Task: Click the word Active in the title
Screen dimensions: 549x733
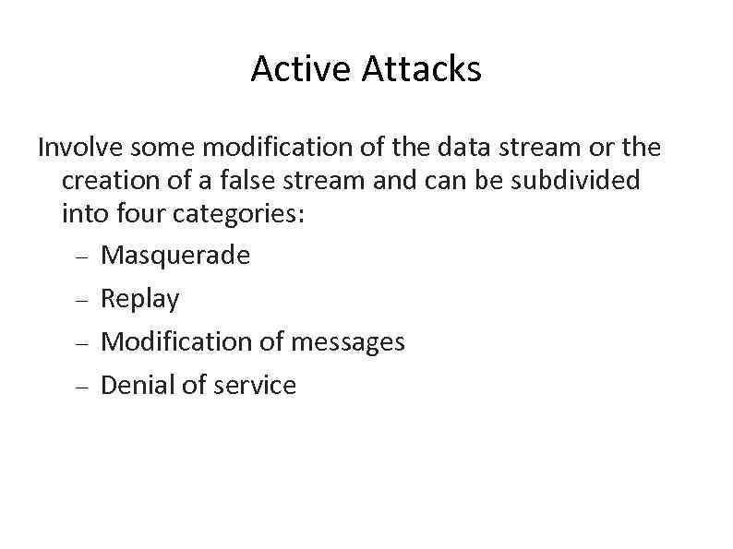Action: [302, 69]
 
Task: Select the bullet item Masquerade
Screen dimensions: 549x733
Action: [174, 255]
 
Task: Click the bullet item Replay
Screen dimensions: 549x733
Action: [139, 299]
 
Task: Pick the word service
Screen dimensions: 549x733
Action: [254, 385]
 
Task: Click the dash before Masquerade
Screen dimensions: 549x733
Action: [81, 257]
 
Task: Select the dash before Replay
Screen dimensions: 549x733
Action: [81, 300]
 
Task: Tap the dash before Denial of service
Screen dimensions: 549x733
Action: [81, 388]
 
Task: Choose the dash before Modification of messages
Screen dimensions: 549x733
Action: [81, 343]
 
